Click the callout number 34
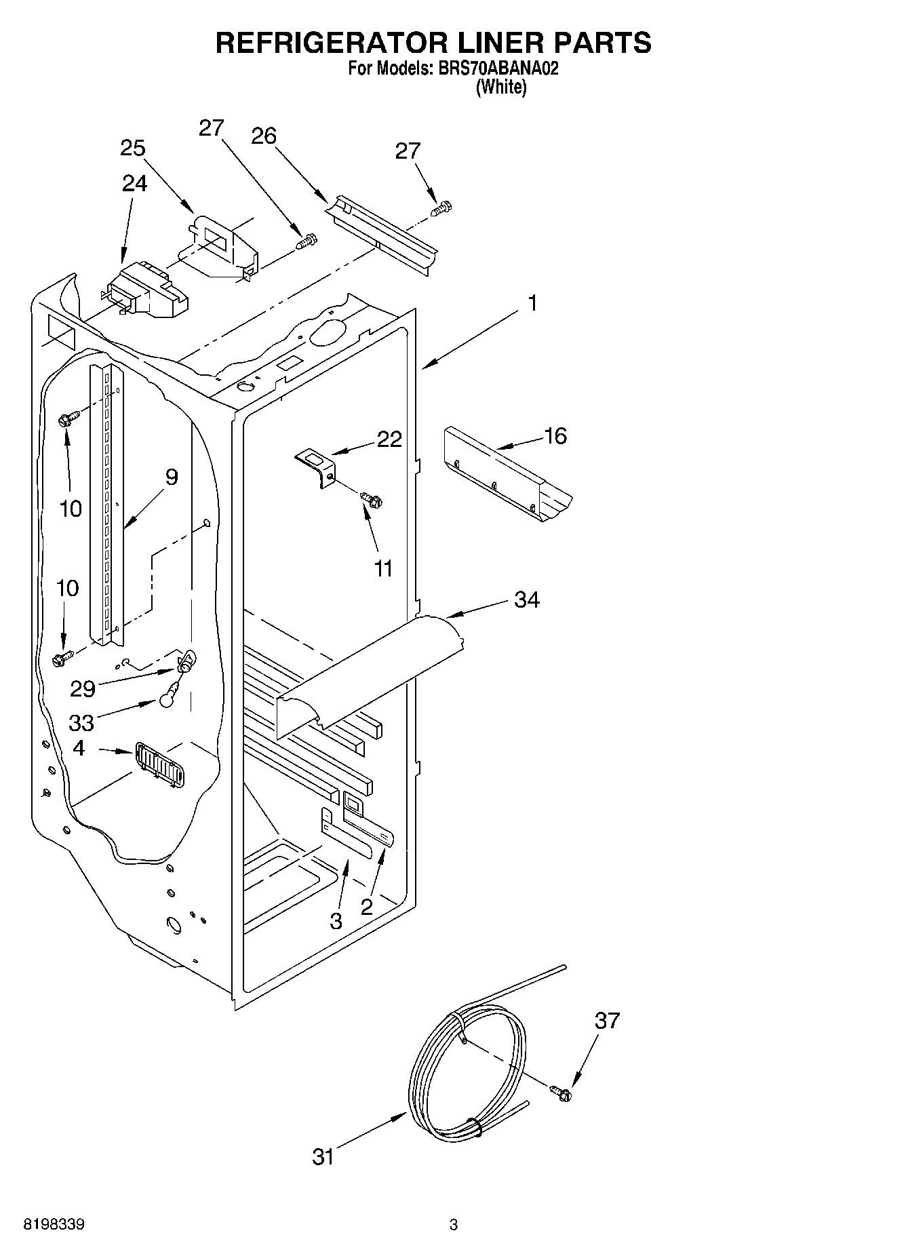[527, 600]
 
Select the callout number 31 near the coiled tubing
[323, 1156]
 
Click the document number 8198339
[54, 1225]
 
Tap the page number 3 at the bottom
[454, 1225]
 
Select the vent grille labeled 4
[159, 765]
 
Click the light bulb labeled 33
[170, 696]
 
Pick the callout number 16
[555, 436]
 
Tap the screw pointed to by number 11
[370, 500]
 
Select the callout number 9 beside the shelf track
[172, 477]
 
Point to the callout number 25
[133, 148]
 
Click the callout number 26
[264, 136]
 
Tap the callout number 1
[533, 303]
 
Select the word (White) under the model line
[501, 87]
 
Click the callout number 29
[83, 689]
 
